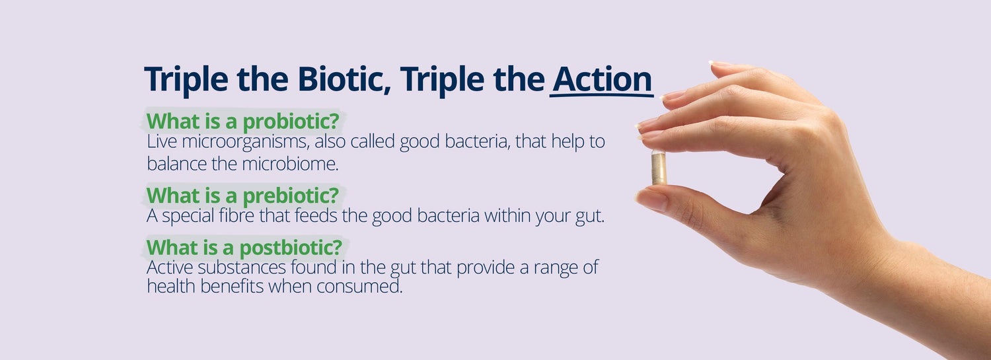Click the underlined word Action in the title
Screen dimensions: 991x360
point(602,80)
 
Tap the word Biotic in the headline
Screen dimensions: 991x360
point(344,80)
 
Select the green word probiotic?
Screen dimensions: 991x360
point(291,122)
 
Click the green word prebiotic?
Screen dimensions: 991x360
point(291,196)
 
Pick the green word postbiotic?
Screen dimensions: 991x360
point(291,248)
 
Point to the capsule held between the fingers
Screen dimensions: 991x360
point(658,167)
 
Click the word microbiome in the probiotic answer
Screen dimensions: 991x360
point(290,164)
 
